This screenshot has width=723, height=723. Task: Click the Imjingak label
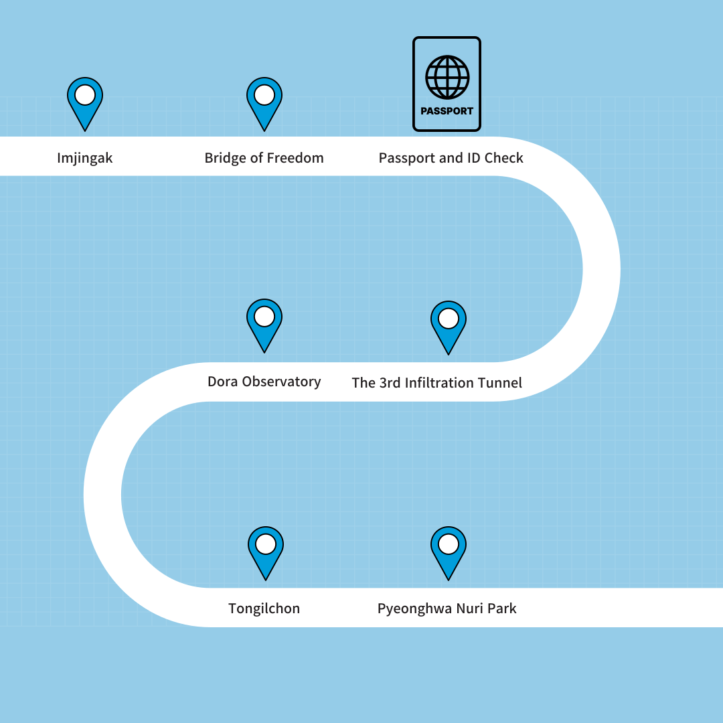pyautogui.click(x=85, y=159)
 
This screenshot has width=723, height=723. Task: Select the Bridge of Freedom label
pyautogui.click(x=264, y=159)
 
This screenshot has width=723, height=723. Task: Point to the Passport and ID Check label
pyautogui.click(x=451, y=159)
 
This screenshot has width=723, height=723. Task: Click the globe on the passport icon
pyautogui.click(x=447, y=76)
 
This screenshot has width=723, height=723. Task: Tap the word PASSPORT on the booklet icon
pyautogui.click(x=447, y=111)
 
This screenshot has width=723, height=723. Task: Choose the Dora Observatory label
pyautogui.click(x=264, y=382)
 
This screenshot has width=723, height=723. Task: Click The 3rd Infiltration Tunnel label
pyautogui.click(x=436, y=383)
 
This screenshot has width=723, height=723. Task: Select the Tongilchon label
pyautogui.click(x=264, y=609)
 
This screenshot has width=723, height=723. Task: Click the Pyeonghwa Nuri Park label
pyautogui.click(x=447, y=609)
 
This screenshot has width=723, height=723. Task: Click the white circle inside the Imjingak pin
pyautogui.click(x=85, y=94)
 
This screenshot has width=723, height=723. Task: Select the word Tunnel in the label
pyautogui.click(x=499, y=383)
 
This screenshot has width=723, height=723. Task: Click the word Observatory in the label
pyautogui.click(x=281, y=382)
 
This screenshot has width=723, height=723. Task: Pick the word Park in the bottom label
pyautogui.click(x=501, y=609)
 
